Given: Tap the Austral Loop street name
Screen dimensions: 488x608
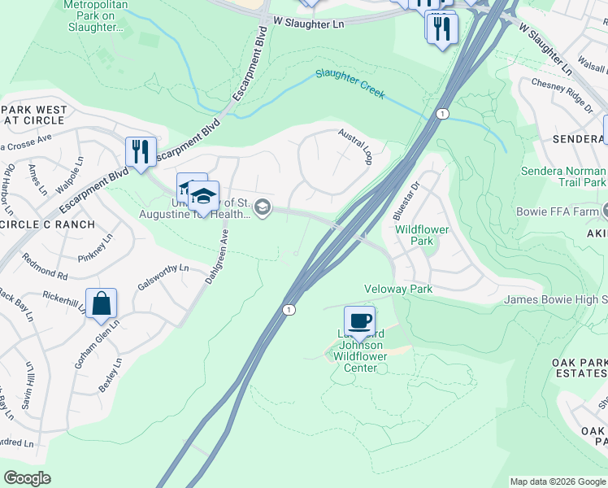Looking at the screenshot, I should click(355, 147).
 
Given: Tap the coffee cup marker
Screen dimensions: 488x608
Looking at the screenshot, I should click(359, 320).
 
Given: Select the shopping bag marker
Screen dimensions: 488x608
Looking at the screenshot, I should click(102, 303).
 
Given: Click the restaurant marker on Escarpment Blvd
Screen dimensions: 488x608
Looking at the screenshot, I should click(141, 151).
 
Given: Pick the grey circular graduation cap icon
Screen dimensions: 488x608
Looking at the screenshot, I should click(262, 208).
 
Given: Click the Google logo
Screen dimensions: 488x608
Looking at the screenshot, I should click(28, 477).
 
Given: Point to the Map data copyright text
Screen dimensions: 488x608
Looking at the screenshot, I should click(557, 481).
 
